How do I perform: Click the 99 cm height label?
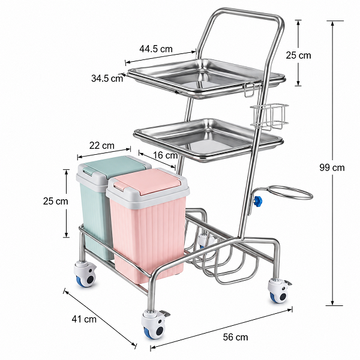[332, 167]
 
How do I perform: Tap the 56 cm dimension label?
[236, 337]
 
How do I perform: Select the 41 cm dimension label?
[84, 319]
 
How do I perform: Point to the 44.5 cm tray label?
[156, 49]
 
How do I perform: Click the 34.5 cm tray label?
[107, 78]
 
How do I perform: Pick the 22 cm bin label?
[102, 145]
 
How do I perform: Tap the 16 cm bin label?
[166, 155]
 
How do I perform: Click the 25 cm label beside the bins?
[56, 201]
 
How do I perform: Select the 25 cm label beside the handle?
[298, 55]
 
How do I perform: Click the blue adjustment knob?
[258, 202]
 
